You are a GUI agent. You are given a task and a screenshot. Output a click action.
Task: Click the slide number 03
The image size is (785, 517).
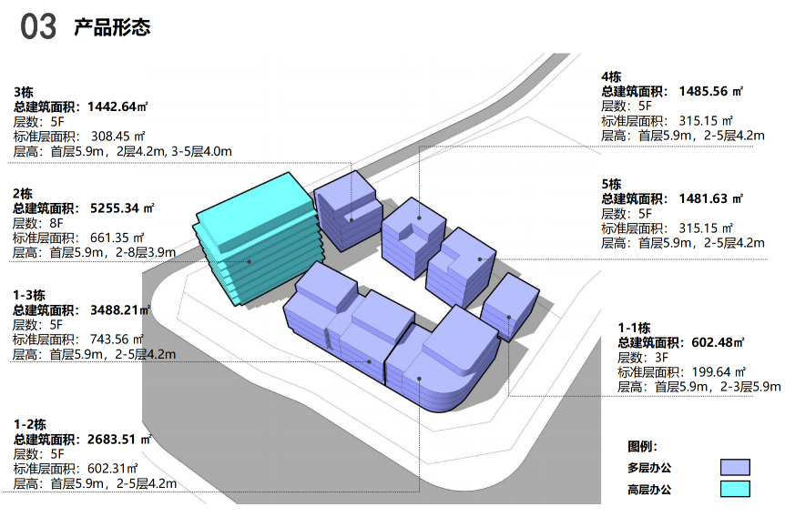pos(38,27)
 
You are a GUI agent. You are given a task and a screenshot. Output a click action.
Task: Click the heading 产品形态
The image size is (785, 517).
pos(112,27)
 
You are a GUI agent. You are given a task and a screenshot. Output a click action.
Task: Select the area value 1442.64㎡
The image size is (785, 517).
pos(117,106)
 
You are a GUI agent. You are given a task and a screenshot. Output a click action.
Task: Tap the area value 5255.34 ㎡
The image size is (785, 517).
pos(122,208)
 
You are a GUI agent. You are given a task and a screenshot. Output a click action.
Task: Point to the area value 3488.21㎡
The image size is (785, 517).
pos(120,310)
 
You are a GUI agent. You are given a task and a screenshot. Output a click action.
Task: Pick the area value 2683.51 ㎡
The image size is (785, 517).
pos(119,440)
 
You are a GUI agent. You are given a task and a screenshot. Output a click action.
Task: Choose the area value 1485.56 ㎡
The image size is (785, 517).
pos(711,92)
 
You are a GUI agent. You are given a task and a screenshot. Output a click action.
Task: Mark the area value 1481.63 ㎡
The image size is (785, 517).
pos(711,198)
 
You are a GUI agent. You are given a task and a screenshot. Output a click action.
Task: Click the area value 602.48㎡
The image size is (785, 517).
pos(718,342)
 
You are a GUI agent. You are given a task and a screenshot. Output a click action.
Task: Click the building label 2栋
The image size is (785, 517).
pos(23,194)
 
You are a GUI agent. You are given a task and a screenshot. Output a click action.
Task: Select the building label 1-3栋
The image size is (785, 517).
pos(29,295)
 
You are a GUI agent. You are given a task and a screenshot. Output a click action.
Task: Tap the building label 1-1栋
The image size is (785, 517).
pos(635,328)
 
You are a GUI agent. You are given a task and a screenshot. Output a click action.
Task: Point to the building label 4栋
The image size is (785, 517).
pos(611,77)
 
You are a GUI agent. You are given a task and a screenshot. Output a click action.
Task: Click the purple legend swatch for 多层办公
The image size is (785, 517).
pos(735,468)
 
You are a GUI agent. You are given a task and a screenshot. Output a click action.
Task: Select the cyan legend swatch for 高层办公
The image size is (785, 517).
pos(735,489)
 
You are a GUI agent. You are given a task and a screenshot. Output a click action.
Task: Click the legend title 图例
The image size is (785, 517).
pos(642,446)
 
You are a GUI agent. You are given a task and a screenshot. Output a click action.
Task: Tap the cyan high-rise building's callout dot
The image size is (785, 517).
pos(249,262)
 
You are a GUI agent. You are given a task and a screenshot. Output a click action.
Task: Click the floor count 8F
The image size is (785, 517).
pos(56,223)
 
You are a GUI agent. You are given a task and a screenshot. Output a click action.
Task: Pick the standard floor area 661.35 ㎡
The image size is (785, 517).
pos(117,238)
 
